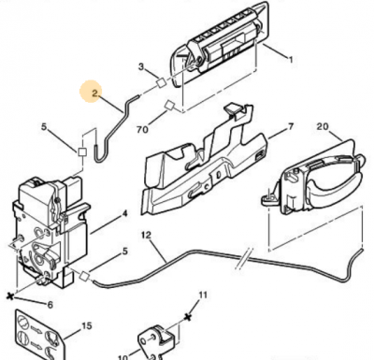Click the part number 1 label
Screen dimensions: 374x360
(x=291, y=59)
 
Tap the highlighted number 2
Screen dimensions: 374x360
(x=94, y=93)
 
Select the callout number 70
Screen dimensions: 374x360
(x=142, y=129)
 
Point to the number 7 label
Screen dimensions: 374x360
(x=291, y=126)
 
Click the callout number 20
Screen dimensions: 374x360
(x=323, y=126)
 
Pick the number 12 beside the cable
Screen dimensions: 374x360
(x=146, y=235)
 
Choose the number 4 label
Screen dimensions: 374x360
(x=124, y=214)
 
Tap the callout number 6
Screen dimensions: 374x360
(x=50, y=305)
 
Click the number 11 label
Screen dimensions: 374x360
(x=203, y=295)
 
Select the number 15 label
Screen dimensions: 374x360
(x=87, y=326)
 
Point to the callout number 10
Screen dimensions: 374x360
(x=123, y=356)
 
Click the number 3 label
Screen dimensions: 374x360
(x=141, y=66)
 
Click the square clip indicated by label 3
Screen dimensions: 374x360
(x=161, y=82)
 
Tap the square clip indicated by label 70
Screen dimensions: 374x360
(x=170, y=105)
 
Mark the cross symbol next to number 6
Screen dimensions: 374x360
(x=10, y=296)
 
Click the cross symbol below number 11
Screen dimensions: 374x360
(x=188, y=317)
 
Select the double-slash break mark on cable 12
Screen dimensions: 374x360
(x=244, y=257)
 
